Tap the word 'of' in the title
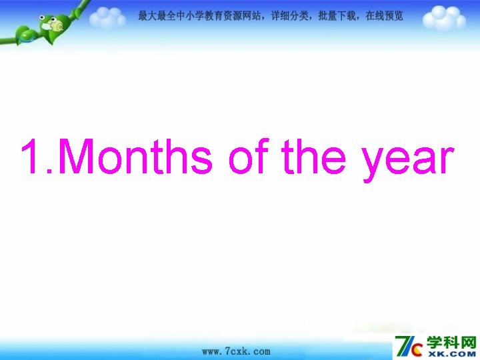(x=249, y=157)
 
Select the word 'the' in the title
(x=317, y=157)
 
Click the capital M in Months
(x=83, y=157)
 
